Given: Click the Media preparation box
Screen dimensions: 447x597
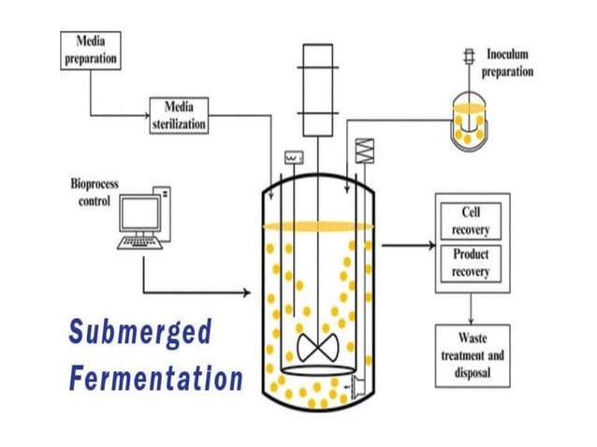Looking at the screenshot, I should pos(91,50).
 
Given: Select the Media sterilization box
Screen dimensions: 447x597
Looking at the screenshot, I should pos(179,116).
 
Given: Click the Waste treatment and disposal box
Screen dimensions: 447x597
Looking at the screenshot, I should pos(472,355).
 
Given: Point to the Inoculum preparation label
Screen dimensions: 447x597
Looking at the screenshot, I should pos(507,63).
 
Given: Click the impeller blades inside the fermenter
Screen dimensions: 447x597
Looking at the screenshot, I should pos(317,346).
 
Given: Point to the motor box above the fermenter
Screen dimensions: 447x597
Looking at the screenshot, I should pos(316,79).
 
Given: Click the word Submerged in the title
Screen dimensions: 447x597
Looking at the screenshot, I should pos(139,332).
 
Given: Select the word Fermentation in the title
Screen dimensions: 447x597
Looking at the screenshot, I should pos(155,380).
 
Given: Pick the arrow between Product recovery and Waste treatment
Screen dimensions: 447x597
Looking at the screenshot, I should pos(471,304).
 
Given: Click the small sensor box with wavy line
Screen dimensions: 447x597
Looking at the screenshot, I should pos(292,157).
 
